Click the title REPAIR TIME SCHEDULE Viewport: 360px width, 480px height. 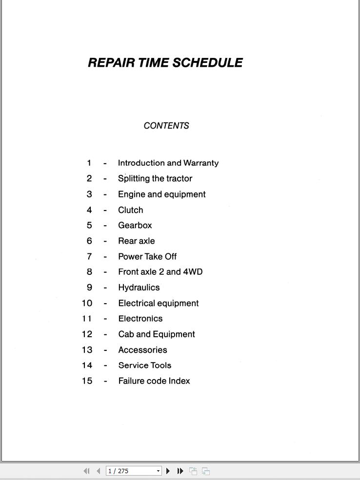[165, 63]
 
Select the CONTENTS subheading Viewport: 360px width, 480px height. [166, 126]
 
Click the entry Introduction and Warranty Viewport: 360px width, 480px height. [168, 163]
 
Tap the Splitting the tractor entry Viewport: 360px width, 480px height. [155, 179]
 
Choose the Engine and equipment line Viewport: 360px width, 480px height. [161, 194]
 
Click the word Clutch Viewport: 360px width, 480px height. [130, 210]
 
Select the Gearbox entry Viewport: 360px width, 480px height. [135, 226]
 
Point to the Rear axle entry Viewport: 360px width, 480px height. [136, 241]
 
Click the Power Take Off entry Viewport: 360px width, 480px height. [147, 257]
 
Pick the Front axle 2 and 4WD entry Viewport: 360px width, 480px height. [160, 272]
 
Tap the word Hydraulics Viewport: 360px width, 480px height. [139, 288]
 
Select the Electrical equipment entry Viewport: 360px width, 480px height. [158, 303]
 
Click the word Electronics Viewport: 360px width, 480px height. [140, 319]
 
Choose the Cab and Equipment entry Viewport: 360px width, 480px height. [156, 334]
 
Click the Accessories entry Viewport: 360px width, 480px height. [142, 350]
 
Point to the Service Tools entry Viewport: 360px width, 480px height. [144, 365]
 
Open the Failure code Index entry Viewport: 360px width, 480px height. [154, 381]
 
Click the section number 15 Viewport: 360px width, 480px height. [87, 381]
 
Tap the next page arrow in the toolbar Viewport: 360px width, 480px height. [168, 471]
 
